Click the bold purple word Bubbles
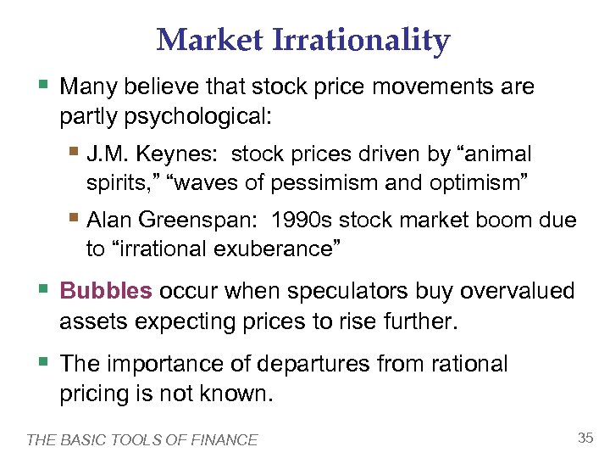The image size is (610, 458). coord(106,292)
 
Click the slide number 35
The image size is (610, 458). coord(585,438)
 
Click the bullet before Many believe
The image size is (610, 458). coord(44,86)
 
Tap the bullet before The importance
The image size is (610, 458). coord(44,362)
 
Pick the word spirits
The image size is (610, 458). coord(114,182)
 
